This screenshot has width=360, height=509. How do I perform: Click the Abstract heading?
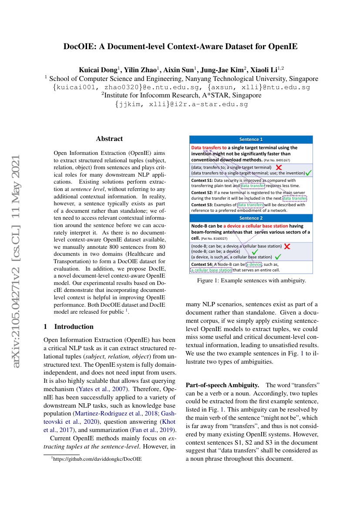[x=109, y=139]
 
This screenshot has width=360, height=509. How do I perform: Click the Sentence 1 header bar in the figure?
[x=251, y=140]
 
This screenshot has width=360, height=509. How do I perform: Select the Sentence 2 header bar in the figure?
[x=251, y=218]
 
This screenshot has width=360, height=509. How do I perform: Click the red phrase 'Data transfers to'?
[x=209, y=148]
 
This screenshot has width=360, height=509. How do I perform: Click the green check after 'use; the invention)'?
[x=308, y=173]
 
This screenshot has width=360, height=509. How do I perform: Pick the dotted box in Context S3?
[x=251, y=204]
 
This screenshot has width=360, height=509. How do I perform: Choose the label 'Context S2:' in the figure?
[x=202, y=192]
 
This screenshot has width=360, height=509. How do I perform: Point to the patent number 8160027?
[x=214, y=238]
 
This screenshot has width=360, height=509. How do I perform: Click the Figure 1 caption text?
[x=251, y=281]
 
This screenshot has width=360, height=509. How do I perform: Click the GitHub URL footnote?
[x=98, y=459]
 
